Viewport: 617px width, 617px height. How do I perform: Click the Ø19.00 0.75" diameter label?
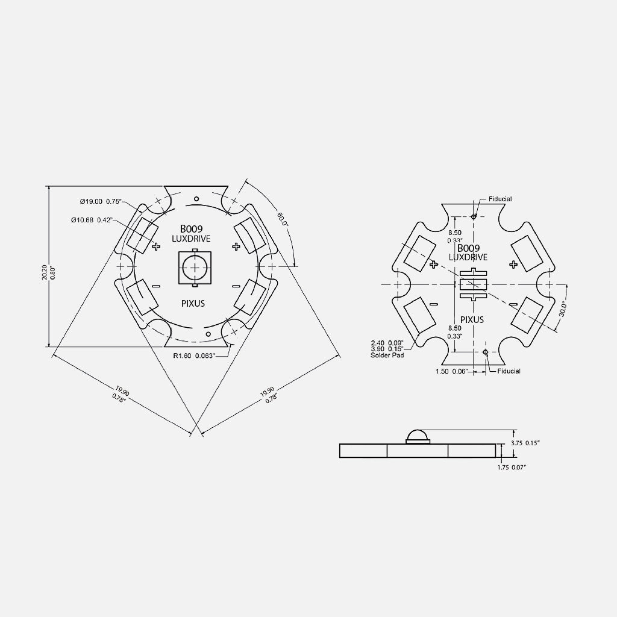pos(101,201)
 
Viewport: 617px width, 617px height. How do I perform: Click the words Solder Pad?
pos(387,355)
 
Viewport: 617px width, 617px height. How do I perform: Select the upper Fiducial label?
pos(501,199)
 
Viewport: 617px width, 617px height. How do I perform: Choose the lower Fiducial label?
pos(509,371)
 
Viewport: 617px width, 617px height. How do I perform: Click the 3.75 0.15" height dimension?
pos(525,443)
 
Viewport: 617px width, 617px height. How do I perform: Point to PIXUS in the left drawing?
pos(193,303)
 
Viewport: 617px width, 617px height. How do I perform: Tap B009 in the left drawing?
pos(192,229)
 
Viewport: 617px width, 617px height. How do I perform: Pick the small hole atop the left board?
pos(196,198)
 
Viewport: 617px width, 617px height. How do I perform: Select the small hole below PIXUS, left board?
pos(207,333)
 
